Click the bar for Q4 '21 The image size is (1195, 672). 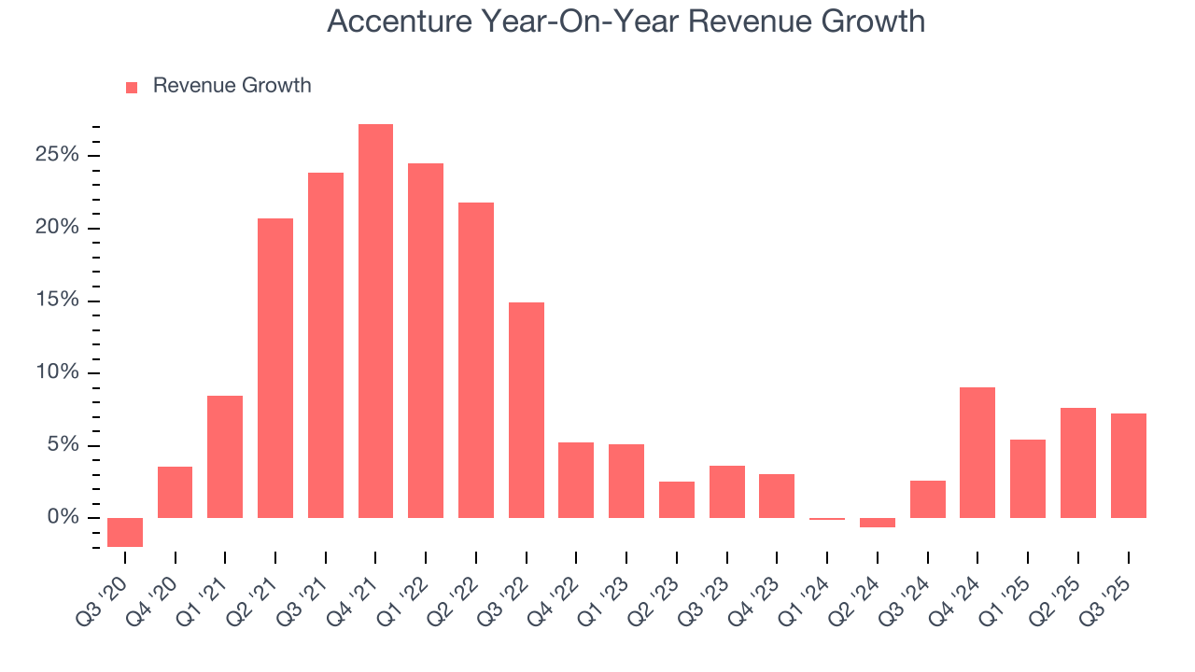(x=375, y=321)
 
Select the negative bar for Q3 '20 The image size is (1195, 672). (x=125, y=532)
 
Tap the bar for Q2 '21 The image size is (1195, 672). (x=275, y=368)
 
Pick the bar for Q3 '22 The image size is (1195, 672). (x=526, y=410)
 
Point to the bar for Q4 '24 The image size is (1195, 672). (x=977, y=453)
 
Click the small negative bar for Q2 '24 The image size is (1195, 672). (x=877, y=523)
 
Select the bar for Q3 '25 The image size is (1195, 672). (x=1128, y=466)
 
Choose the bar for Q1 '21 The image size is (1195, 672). (x=225, y=456)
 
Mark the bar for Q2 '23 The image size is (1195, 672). (x=676, y=499)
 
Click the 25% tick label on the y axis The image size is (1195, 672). (x=57, y=155)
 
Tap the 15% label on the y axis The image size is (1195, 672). (x=57, y=301)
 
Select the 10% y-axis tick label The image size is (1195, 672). (x=57, y=372)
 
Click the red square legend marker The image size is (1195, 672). (x=132, y=87)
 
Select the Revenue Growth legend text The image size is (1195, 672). (x=232, y=86)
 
